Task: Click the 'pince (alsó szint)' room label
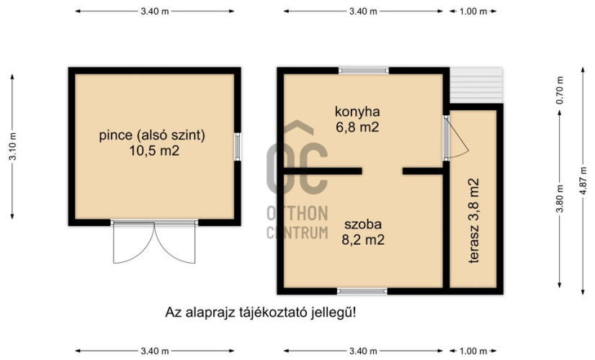152,135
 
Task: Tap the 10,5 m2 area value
154,151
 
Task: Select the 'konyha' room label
357,112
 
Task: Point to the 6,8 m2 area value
357,127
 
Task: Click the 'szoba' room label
363,224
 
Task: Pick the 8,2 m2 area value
363,240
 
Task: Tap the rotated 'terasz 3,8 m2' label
473,221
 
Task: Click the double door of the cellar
154,242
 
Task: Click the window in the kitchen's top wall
364,71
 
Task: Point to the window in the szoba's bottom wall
362,292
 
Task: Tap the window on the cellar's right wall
238,146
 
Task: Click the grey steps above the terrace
476,85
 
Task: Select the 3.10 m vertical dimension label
12,146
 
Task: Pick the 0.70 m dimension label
560,90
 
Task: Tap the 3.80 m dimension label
560,199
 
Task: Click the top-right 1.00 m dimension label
473,12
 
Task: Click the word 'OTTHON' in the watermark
297,214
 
